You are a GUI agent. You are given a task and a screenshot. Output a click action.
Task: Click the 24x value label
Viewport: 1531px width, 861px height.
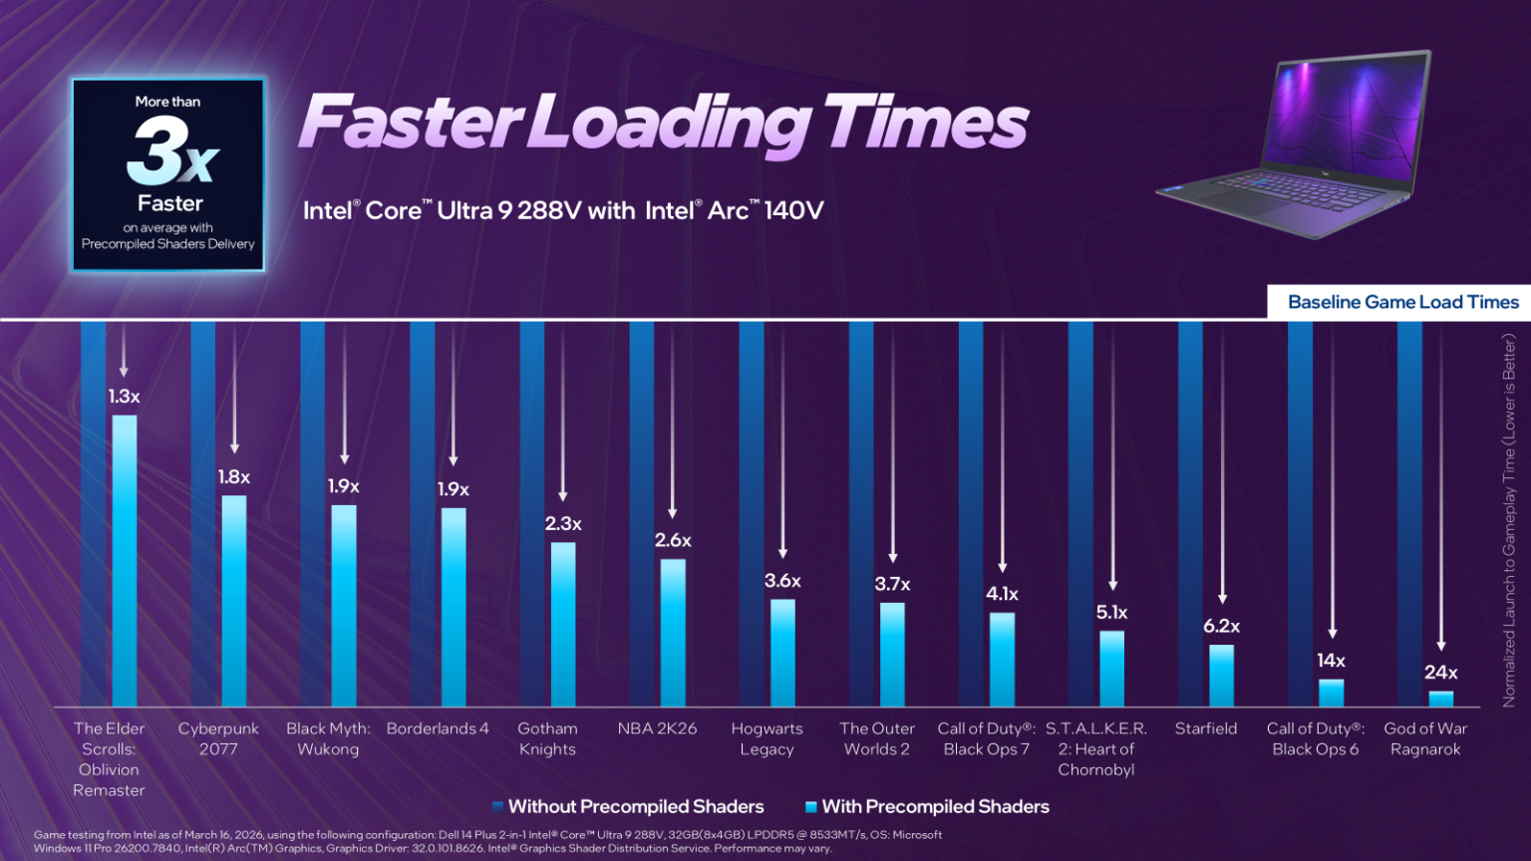1440,673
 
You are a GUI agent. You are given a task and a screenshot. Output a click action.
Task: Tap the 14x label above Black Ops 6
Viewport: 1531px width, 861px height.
1331,661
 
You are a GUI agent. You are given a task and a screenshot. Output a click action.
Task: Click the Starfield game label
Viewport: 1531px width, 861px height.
1205,728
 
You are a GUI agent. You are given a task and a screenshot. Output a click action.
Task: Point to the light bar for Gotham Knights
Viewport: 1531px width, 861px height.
563,624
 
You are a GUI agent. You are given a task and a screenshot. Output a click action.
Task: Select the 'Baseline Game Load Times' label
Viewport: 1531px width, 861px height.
1402,302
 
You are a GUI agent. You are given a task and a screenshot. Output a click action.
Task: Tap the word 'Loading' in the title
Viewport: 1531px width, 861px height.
671,124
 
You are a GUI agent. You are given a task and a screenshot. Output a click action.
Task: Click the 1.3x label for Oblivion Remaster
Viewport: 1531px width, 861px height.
124,397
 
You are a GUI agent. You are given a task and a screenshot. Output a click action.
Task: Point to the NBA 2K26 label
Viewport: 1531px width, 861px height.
657,728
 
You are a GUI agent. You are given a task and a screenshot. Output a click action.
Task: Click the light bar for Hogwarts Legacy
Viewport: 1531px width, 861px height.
782,653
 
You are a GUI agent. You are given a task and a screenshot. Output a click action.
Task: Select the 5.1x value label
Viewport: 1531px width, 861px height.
1111,613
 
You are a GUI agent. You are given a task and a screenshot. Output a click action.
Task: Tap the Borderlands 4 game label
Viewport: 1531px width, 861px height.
438,728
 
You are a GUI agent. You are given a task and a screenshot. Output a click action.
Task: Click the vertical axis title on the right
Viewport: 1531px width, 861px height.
1509,519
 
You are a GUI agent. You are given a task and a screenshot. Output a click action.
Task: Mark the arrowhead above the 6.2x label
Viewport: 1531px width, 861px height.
1222,599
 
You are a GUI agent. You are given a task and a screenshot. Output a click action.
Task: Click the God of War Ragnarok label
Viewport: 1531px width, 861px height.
1425,738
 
